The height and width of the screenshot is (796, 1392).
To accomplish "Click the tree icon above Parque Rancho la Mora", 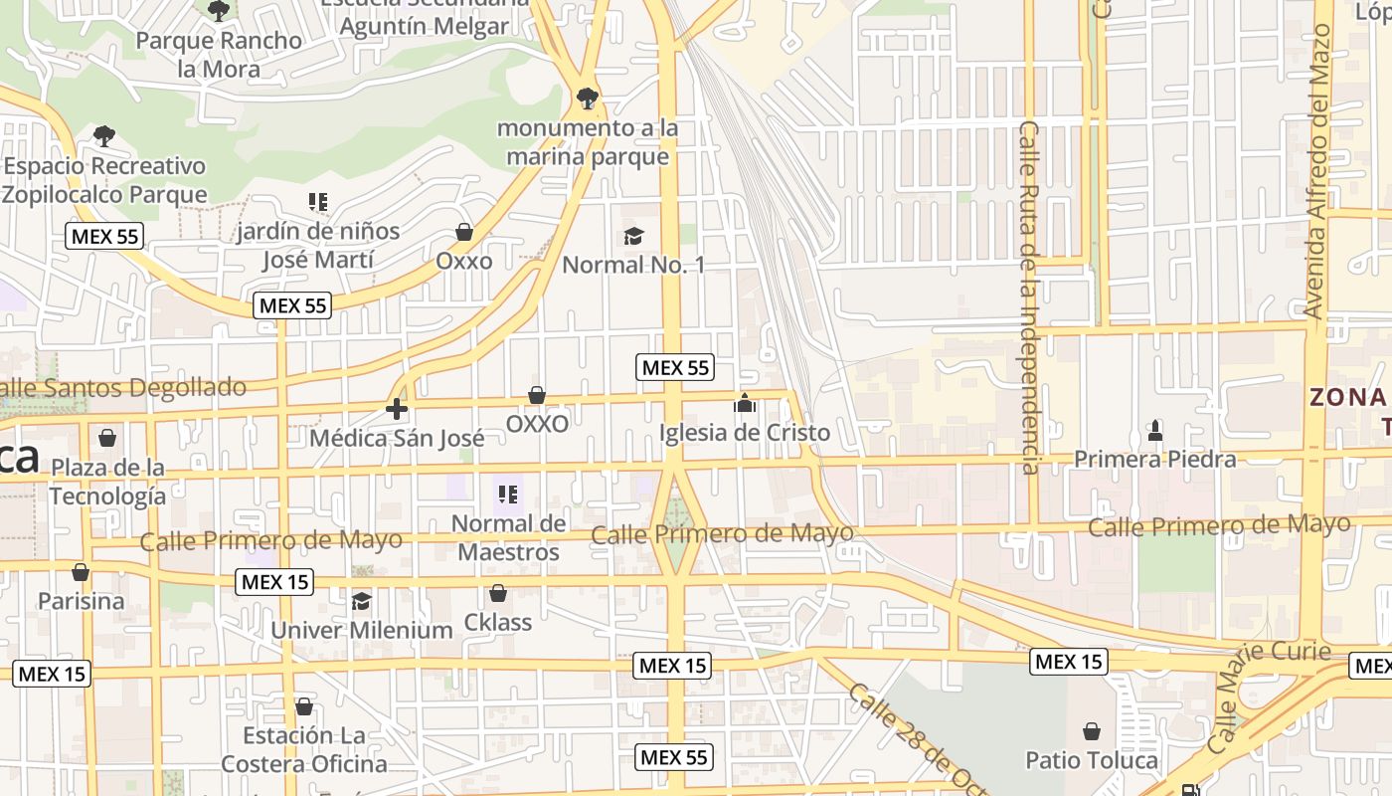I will click(219, 11).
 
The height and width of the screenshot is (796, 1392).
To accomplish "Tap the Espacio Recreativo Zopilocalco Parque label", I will click(104, 180).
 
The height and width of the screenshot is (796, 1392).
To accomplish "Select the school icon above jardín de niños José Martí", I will click(318, 203).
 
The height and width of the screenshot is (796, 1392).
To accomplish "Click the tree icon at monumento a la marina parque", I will click(588, 98).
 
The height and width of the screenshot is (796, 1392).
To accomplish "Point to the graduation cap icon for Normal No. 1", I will click(633, 236).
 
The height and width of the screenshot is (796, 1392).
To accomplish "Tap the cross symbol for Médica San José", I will click(397, 408).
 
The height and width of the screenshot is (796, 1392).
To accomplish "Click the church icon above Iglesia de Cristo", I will click(745, 403).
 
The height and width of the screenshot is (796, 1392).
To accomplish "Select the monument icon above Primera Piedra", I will click(1155, 431).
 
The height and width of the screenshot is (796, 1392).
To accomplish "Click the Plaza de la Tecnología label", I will click(108, 482).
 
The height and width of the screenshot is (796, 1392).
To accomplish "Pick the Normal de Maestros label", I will click(508, 537).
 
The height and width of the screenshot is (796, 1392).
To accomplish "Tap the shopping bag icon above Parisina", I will click(81, 572).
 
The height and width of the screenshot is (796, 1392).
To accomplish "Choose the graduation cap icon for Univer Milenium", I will click(361, 601).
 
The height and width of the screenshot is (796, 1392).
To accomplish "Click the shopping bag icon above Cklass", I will click(498, 594).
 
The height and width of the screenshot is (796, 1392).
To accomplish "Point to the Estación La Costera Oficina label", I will click(304, 750).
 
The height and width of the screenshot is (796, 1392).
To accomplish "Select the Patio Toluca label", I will click(1092, 761).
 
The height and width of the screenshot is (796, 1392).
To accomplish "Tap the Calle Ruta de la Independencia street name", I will click(1029, 298).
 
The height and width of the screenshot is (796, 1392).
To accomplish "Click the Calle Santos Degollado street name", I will click(123, 388).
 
